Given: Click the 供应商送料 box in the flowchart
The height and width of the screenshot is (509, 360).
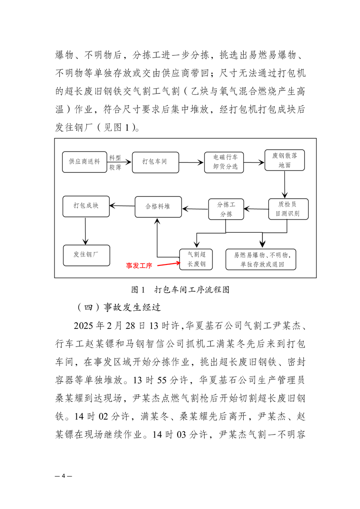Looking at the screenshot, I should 84,162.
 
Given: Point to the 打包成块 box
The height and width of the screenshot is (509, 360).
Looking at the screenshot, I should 86,206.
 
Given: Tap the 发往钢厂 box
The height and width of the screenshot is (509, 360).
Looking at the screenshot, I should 86,255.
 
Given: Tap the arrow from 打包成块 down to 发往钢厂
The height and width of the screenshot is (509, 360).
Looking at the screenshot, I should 85,231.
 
